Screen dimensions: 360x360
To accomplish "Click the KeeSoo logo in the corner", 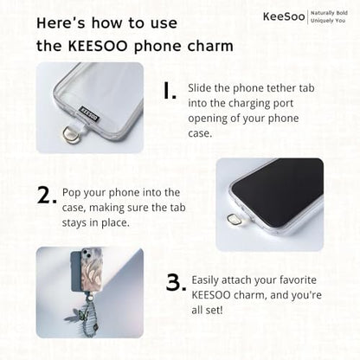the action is point(284,16).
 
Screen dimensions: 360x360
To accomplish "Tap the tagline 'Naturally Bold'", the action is point(329,13).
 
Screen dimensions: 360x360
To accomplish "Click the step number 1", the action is point(170,90).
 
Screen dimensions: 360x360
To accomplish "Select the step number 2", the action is point(47,196).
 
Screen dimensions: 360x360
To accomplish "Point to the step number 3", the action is point(176,283).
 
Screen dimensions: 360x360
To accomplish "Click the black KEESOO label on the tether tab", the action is point(89,113).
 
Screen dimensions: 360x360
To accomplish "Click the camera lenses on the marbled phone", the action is point(86,254).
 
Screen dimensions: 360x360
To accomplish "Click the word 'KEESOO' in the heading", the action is point(98,46).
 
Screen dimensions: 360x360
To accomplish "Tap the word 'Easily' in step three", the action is point(205,280).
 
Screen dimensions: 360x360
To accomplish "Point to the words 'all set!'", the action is point(207,310).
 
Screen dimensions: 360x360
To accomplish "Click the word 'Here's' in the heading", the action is point(61,23).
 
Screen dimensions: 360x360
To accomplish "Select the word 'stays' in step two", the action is point(74,223).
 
